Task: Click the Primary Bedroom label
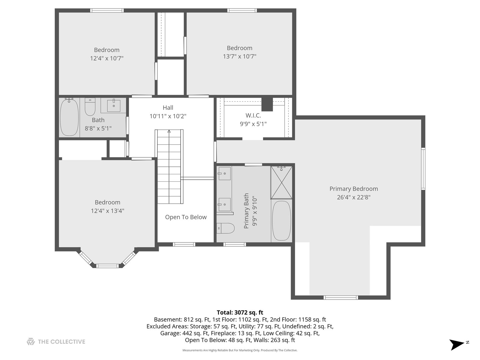click(353, 189)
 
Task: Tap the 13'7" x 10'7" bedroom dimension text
click(239, 56)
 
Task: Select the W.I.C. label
click(253, 115)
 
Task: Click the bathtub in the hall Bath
click(69, 117)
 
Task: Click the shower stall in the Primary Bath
click(281, 182)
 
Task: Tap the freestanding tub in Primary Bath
click(281, 220)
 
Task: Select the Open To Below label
click(186, 217)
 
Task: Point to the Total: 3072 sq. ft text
click(240, 312)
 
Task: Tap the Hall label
click(168, 108)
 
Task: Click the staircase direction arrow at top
click(169, 132)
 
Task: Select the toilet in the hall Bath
click(90, 106)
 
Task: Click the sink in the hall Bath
click(114, 105)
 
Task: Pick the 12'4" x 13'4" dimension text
click(107, 211)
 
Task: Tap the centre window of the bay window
click(107, 266)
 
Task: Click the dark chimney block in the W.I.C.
click(267, 104)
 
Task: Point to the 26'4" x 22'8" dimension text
click(353, 197)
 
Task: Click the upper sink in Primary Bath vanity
click(224, 174)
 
